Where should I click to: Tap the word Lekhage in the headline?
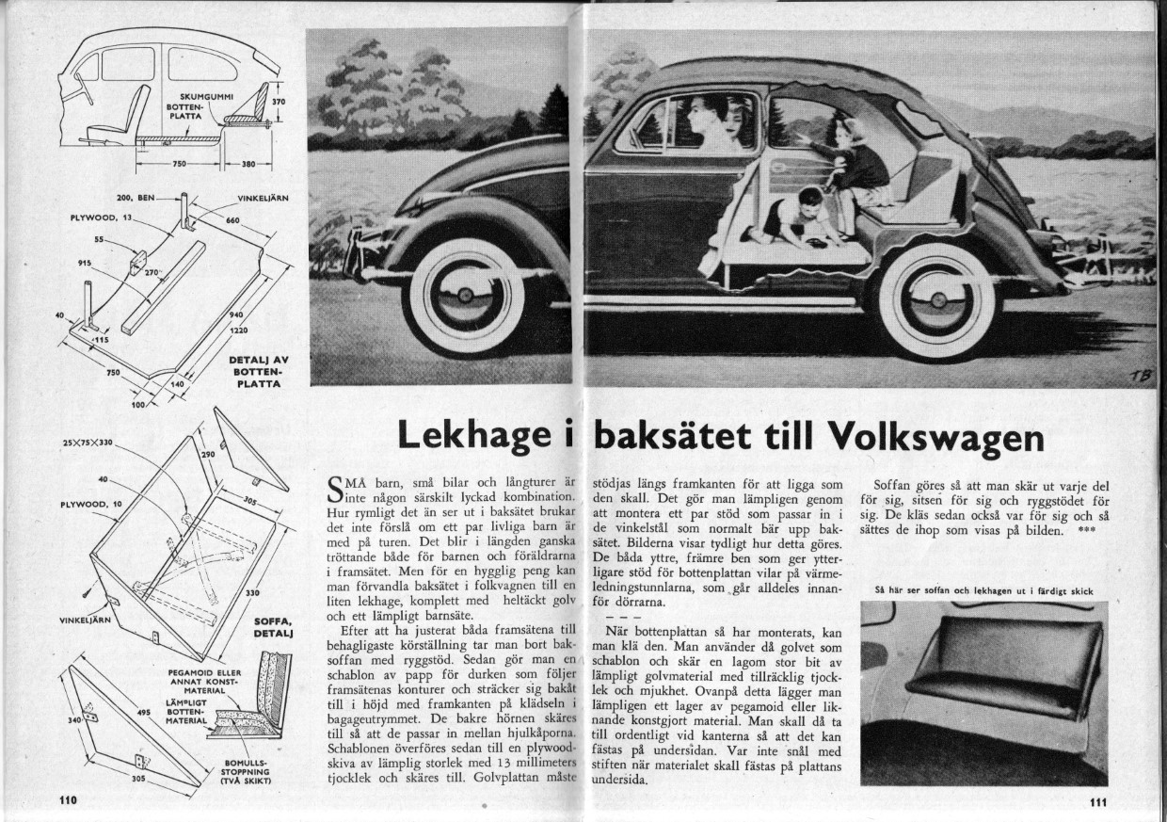pyautogui.click(x=473, y=435)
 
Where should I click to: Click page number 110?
pyautogui.click(x=66, y=801)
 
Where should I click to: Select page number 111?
pyautogui.click(x=1098, y=803)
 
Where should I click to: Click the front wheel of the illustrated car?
pyautogui.click(x=468, y=298)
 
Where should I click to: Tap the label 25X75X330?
pyautogui.click(x=87, y=442)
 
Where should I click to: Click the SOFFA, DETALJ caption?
pyautogui.click(x=274, y=627)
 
